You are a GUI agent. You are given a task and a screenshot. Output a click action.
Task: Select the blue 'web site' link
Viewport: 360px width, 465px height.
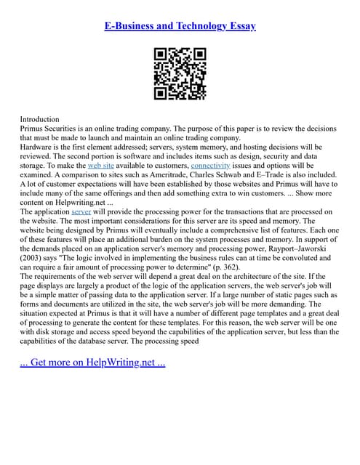click(100, 166)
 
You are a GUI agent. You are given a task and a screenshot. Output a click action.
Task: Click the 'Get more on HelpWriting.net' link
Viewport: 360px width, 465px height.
click(92, 362)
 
